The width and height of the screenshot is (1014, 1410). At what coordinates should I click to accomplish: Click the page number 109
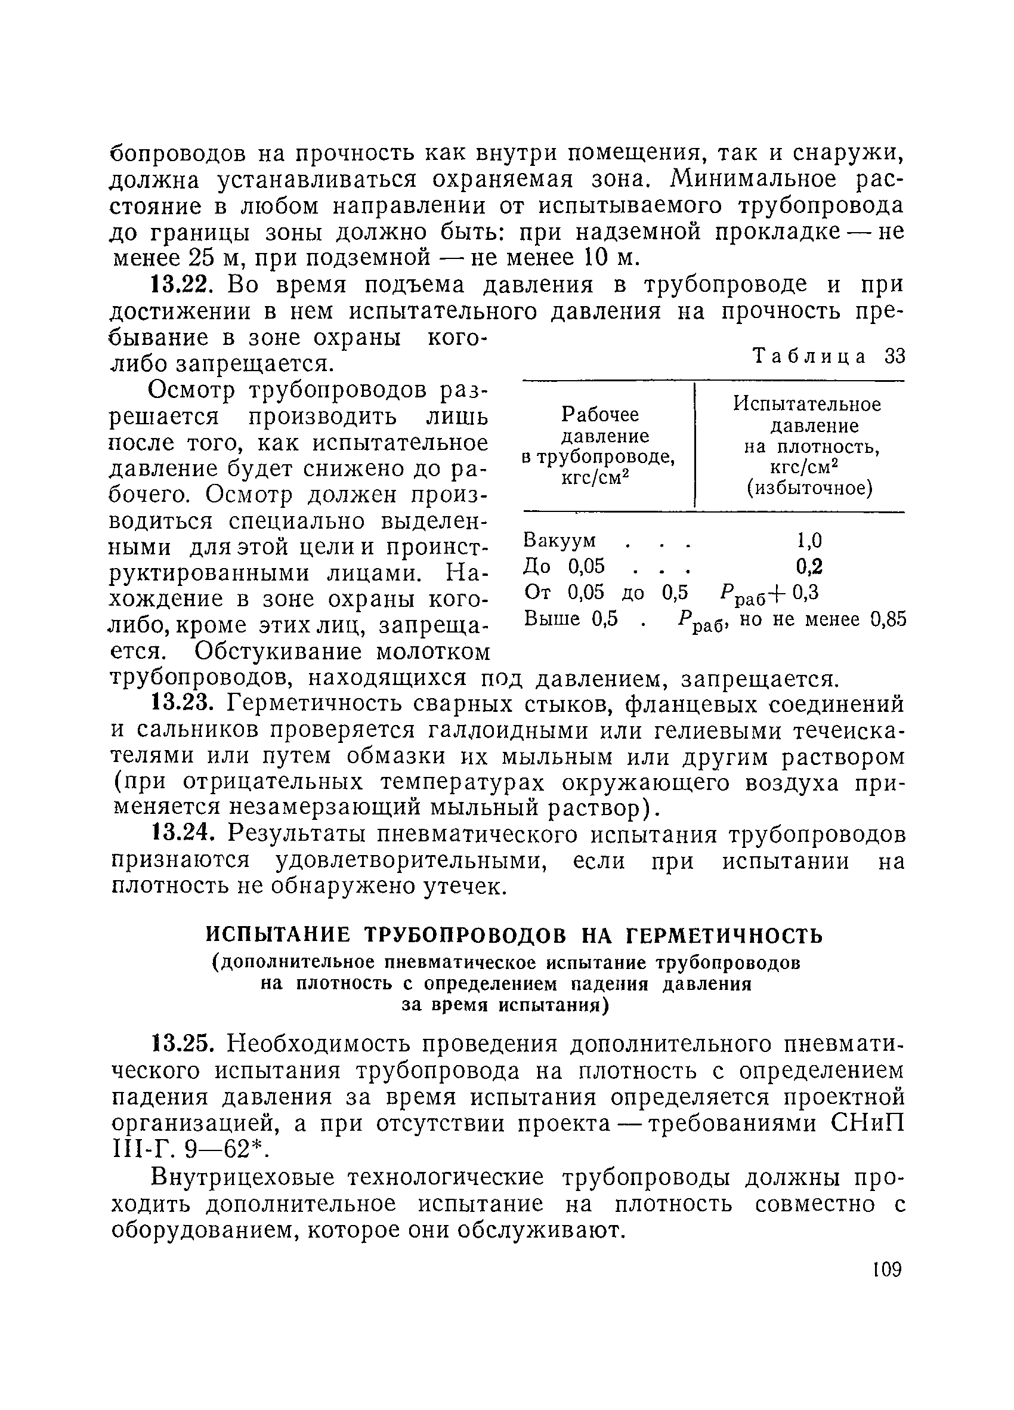coord(886,1269)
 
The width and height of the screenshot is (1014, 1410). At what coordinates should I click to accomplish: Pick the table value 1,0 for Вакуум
coord(809,540)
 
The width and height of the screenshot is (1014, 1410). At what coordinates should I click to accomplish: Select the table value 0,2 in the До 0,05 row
coord(809,566)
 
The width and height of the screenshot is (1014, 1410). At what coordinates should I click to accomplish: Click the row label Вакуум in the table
coord(560,539)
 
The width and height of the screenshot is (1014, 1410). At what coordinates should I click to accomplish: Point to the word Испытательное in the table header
coord(807,405)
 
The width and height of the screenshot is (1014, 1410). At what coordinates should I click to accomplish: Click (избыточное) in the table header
coord(809,489)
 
